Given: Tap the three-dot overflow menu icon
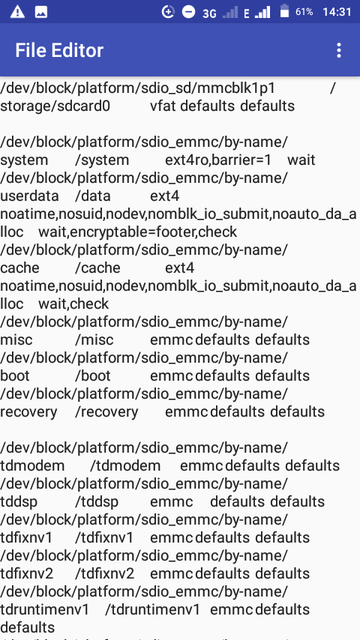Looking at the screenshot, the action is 338,51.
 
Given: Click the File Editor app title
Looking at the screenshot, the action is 59,51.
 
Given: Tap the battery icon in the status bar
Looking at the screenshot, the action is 284,11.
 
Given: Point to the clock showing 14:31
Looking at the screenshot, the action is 337,12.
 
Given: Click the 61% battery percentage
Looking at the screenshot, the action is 304,12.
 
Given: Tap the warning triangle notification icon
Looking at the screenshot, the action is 17,12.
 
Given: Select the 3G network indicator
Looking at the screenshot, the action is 209,13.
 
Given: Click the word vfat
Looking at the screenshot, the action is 163,106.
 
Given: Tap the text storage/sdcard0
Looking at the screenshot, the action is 55,106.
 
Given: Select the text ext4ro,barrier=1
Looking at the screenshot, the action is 218,160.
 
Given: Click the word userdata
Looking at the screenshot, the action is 29,196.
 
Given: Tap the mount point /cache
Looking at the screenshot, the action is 98,268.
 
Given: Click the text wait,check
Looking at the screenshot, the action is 73,304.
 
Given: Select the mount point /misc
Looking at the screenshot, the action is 94,340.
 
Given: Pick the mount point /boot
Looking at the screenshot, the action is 93,376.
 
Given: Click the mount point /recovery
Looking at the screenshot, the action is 107,412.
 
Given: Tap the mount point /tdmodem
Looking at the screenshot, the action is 125,465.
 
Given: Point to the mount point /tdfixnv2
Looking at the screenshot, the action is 105,573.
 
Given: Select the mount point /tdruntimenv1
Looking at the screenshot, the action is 152,609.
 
